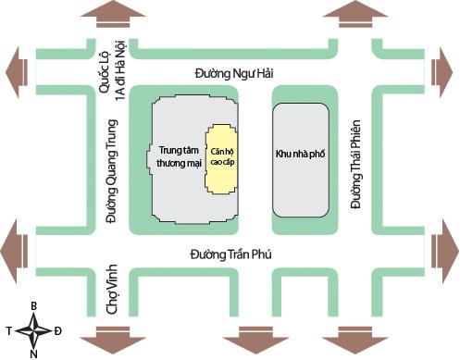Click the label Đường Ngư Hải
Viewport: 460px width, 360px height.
(x=234, y=74)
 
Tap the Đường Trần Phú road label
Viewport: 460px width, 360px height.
(x=231, y=254)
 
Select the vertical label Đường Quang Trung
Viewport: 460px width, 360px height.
(x=111, y=171)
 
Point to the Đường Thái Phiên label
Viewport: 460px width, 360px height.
(x=355, y=164)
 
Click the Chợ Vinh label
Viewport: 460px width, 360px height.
(x=112, y=289)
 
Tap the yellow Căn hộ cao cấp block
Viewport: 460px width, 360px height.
(x=222, y=159)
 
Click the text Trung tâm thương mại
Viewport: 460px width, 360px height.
(x=179, y=156)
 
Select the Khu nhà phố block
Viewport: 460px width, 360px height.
(x=301, y=160)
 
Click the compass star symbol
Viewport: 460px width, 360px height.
(x=33, y=331)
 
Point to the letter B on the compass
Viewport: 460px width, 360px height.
(x=34, y=306)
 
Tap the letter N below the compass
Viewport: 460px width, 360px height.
(x=34, y=354)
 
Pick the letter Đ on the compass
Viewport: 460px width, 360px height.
(x=57, y=331)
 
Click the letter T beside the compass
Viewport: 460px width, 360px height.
(x=9, y=331)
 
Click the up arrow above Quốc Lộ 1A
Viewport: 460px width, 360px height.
(x=113, y=15)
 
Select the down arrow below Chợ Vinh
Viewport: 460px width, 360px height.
(x=113, y=340)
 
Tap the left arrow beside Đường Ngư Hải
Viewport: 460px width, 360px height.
(x=17, y=73)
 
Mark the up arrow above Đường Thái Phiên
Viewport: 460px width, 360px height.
(x=355, y=15)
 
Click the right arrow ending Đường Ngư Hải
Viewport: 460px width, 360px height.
(x=442, y=73)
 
